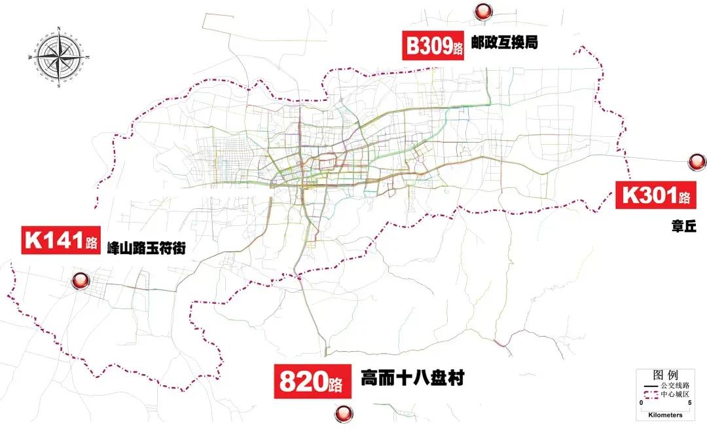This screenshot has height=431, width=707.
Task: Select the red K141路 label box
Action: point(60,240)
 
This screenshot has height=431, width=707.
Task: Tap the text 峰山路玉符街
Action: point(150,248)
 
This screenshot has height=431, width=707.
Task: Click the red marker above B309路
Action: point(483,10)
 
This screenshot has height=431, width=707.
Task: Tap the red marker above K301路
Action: point(696,161)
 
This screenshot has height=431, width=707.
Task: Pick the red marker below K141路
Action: point(81,281)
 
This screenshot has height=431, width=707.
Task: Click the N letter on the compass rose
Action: point(59,28)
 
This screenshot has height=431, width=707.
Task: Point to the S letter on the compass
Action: point(59,85)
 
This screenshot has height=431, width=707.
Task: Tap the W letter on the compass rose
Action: point(30,57)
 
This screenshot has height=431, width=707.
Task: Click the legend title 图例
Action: point(665,375)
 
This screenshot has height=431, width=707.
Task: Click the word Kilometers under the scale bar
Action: point(664,415)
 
